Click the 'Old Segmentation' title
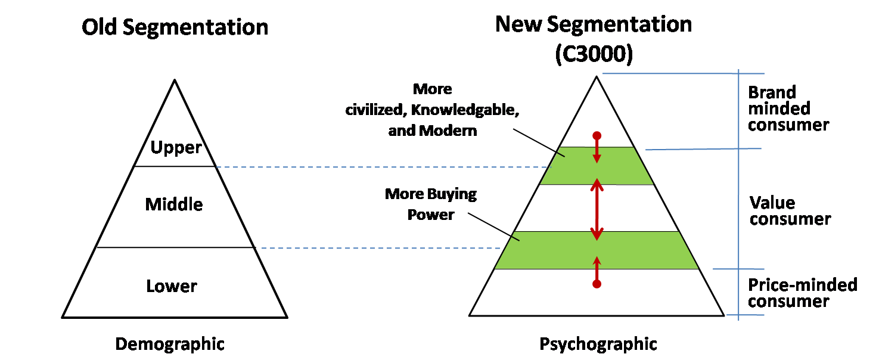[x=175, y=27]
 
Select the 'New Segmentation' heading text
[x=594, y=24]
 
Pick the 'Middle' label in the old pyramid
[x=174, y=205]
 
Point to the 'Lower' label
[x=172, y=287]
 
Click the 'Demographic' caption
[x=170, y=344]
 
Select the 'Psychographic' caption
[x=598, y=344]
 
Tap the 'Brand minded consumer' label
[x=788, y=108]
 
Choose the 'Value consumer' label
[x=790, y=211]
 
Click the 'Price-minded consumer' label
[x=802, y=293]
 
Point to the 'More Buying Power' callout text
[x=431, y=204]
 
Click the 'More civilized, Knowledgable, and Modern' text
[x=433, y=110]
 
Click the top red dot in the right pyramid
[x=597, y=136]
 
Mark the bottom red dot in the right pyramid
[x=597, y=284]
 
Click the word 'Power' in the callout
[x=431, y=214]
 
